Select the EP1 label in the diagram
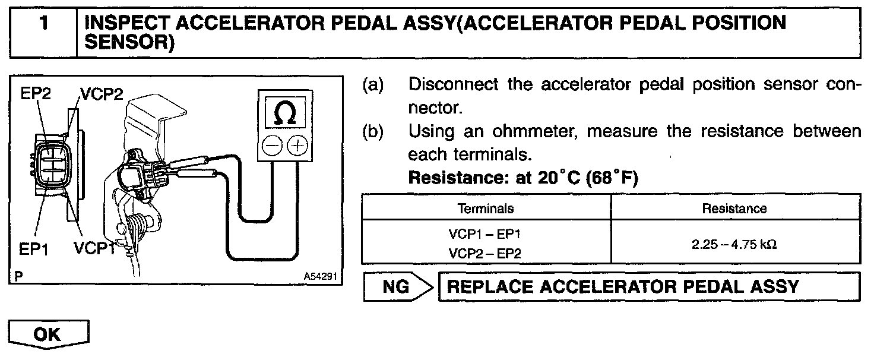click(x=34, y=250)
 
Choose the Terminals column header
click(x=486, y=209)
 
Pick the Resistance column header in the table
click(x=734, y=209)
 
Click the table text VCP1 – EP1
click(x=486, y=234)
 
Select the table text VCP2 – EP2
click(x=486, y=252)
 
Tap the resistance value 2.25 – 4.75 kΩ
click(x=734, y=243)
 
